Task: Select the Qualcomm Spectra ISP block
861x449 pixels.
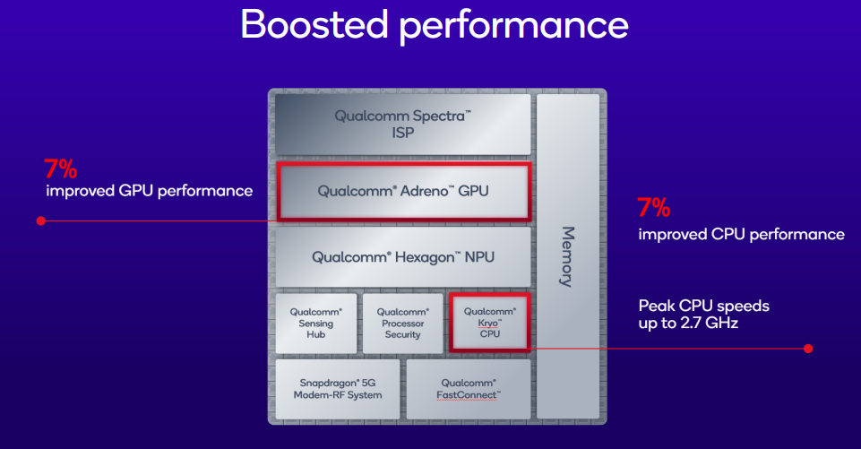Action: [x=402, y=124]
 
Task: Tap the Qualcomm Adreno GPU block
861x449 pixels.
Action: [x=403, y=191]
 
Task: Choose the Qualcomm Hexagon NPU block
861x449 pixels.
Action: [x=403, y=256]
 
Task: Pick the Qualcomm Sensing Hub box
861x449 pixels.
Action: [x=315, y=323]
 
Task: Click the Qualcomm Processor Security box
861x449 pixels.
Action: [x=402, y=323]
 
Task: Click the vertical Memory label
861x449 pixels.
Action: [x=567, y=256]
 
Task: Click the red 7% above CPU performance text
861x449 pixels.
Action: [x=653, y=209]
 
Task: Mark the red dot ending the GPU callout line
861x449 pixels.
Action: [x=40, y=220]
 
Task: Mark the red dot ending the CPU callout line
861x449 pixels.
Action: [x=808, y=348]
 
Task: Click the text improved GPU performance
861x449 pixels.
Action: [x=149, y=191]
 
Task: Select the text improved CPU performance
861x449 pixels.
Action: [x=741, y=235]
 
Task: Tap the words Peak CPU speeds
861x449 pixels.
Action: [x=703, y=306]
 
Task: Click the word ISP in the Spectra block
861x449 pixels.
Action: [x=402, y=133]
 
